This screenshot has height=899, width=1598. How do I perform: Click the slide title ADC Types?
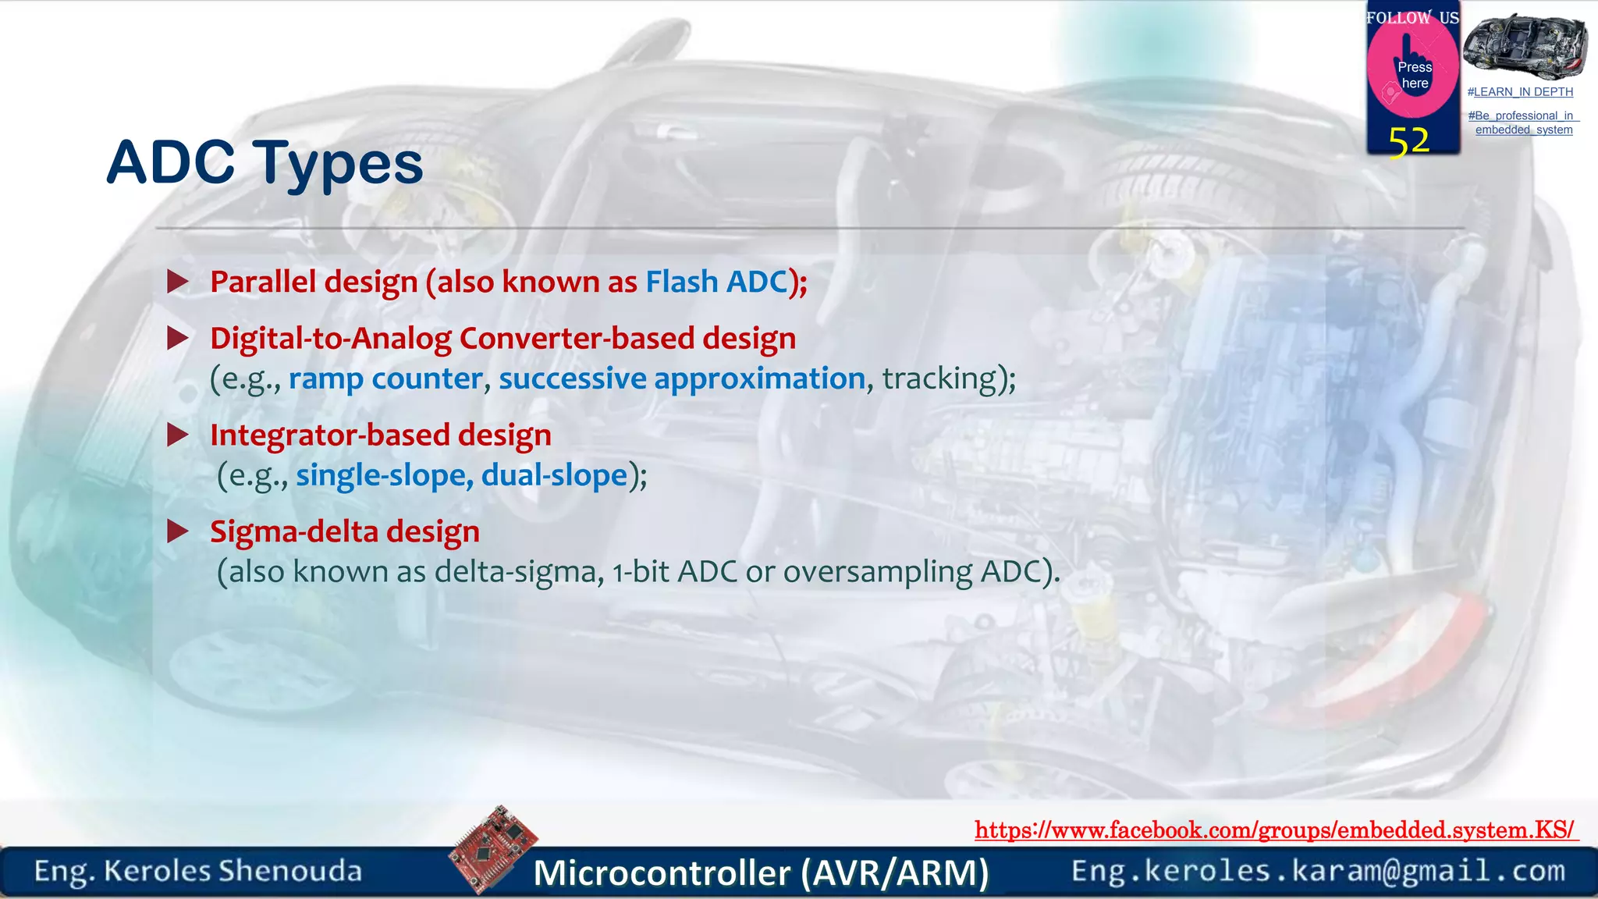[265, 163]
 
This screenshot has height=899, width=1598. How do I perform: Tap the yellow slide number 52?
[1409, 142]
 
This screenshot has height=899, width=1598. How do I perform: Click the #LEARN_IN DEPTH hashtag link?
[1520, 92]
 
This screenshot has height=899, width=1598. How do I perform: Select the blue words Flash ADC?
[716, 282]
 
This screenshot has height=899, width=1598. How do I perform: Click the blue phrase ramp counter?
[385, 378]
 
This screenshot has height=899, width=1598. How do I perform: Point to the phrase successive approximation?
[682, 378]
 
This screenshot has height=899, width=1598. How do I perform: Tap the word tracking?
[939, 378]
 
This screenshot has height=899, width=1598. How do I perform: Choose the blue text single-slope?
[381, 475]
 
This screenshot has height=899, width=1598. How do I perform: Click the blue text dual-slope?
[555, 475]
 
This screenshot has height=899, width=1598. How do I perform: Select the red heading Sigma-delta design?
[345, 531]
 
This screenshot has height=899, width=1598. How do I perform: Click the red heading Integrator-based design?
[381, 435]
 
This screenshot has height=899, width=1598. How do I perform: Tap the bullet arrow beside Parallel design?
[178, 282]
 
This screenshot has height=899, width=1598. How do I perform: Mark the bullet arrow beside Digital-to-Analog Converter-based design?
[178, 338]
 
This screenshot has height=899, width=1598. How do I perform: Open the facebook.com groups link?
[1276, 830]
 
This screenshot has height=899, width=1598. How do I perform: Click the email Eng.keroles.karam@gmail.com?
[1318, 871]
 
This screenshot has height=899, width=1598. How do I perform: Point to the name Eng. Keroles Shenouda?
[197, 871]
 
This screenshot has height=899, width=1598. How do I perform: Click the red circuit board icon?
[492, 849]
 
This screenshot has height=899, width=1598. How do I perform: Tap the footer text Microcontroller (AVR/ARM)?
[761, 872]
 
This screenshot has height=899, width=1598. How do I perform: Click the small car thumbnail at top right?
[1524, 46]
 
